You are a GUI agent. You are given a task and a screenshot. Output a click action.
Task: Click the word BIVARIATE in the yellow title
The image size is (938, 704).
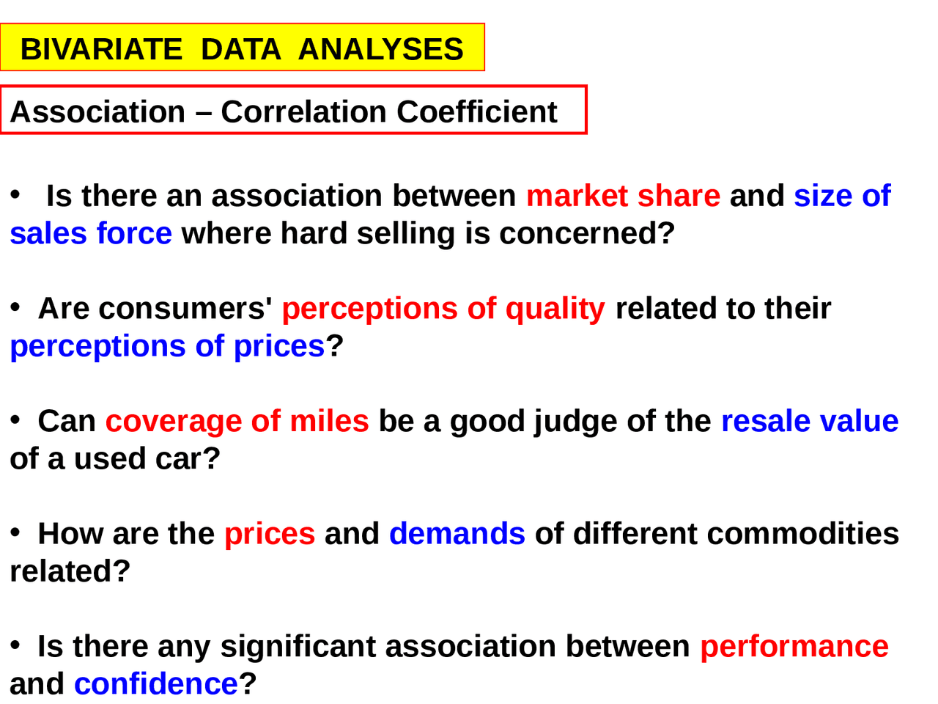tap(101, 49)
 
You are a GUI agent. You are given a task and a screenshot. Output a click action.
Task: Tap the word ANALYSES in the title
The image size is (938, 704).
tap(381, 49)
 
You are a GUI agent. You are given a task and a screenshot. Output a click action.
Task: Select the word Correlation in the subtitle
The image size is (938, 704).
tap(303, 112)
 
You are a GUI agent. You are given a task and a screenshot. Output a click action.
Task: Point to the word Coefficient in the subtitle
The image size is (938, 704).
tap(477, 112)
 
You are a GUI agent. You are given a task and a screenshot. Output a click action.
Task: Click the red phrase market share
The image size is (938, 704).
tap(623, 196)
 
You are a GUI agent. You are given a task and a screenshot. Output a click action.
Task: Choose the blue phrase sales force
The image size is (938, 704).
tap(91, 233)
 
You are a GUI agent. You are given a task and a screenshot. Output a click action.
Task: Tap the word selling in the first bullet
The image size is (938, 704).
tap(405, 234)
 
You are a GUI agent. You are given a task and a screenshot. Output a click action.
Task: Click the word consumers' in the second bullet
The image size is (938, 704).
tap(185, 308)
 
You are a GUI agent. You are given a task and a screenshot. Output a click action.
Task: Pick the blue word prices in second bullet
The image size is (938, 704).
tap(279, 347)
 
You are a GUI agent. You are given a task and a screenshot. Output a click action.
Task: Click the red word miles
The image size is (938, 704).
tap(329, 421)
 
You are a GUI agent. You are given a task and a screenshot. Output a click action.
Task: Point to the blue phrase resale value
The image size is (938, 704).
tap(810, 421)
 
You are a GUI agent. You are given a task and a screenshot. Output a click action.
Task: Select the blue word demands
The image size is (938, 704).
tap(457, 534)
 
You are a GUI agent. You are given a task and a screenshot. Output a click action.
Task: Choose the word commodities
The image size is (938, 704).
tap(803, 534)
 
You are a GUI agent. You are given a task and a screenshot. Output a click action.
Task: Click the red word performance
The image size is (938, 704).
tap(794, 647)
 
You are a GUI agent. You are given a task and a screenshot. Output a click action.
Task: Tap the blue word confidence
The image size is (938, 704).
tap(156, 684)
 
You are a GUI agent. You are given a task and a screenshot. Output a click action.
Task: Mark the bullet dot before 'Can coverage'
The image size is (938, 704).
tap(15, 419)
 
